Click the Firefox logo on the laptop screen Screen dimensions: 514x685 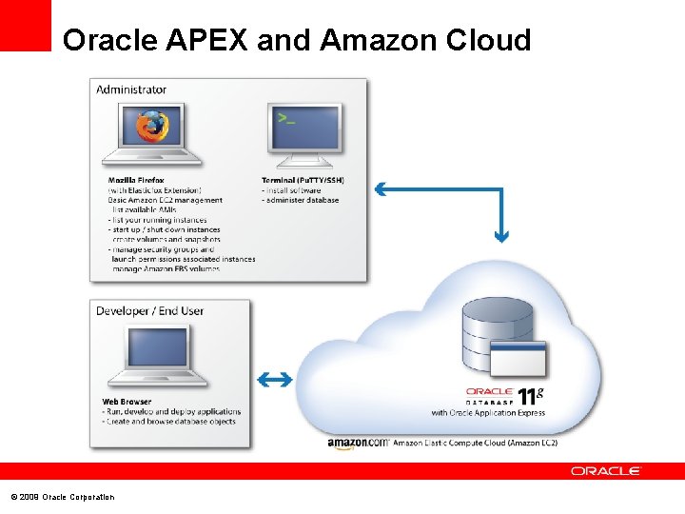click(x=151, y=126)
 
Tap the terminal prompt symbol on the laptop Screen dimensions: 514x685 click(x=285, y=118)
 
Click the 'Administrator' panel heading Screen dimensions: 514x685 click(x=131, y=89)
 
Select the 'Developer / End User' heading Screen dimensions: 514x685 click(x=149, y=310)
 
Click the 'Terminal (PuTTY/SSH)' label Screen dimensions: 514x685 click(x=303, y=180)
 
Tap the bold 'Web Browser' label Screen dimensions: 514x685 click(x=127, y=401)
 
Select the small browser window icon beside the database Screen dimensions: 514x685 click(x=518, y=359)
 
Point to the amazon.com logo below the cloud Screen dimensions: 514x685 click(x=357, y=443)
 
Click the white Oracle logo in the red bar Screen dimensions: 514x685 click(x=606, y=471)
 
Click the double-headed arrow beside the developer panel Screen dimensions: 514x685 click(x=274, y=380)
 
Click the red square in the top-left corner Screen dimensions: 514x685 click(x=25, y=25)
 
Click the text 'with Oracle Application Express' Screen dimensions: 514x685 click(x=488, y=413)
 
